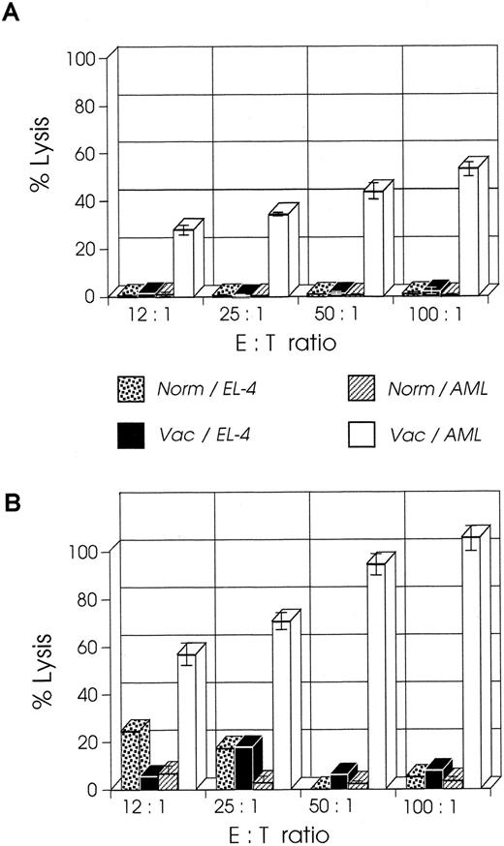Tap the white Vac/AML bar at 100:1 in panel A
[x=468, y=232]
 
